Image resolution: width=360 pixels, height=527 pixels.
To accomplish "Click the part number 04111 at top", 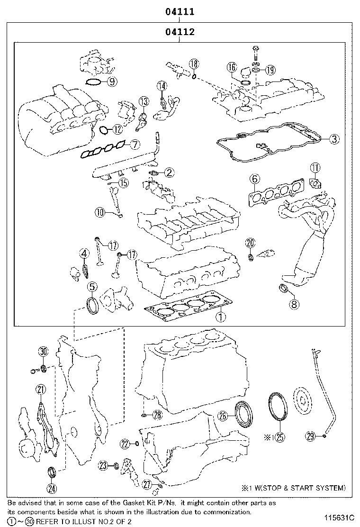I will click(180, 11).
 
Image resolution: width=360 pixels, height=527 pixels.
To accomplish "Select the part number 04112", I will click(180, 32).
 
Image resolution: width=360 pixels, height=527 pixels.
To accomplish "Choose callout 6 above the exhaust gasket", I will click(254, 179).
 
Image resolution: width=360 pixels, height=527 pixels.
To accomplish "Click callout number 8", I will click(294, 304).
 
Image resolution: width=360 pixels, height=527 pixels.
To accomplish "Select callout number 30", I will click(43, 352).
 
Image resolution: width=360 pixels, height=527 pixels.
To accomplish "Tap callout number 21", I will click(41, 390).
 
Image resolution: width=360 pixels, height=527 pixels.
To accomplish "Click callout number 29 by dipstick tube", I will click(310, 437).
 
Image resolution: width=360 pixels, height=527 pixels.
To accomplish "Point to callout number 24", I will click(52, 488).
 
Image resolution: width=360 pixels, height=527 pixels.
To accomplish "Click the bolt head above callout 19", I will click(255, 49).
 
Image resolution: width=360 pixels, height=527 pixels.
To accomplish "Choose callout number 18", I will click(194, 64).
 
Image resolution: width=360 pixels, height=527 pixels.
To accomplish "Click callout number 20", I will click(250, 243).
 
